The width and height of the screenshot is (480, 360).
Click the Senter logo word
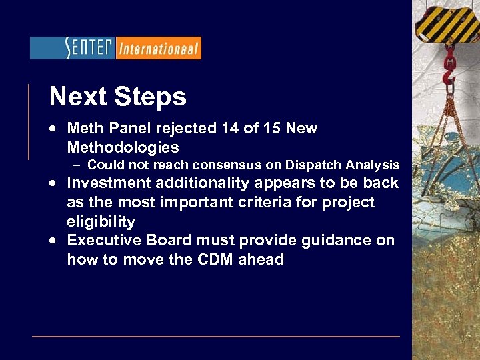point(89,48)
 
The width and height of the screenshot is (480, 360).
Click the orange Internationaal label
point(158,49)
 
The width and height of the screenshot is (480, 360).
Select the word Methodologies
point(123,147)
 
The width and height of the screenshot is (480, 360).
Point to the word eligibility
point(101,221)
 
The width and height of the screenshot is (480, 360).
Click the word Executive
point(106,240)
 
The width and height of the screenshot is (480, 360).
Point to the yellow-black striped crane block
point(447,20)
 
